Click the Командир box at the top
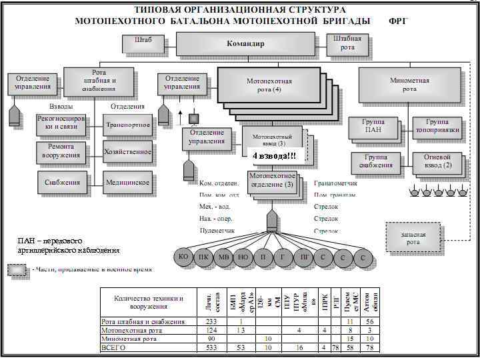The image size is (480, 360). (246, 44)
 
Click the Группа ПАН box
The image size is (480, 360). (372, 127)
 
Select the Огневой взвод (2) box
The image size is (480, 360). (437, 161)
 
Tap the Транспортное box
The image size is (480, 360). (128, 124)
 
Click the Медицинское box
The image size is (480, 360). (128, 182)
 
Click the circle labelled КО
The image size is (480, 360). (183, 257)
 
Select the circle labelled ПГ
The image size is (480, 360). (304, 257)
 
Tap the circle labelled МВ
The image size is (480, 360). (224, 257)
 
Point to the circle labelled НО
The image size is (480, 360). (244, 257)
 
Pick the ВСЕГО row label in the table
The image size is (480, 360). (113, 347)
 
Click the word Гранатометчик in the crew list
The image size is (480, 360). (335, 183)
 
